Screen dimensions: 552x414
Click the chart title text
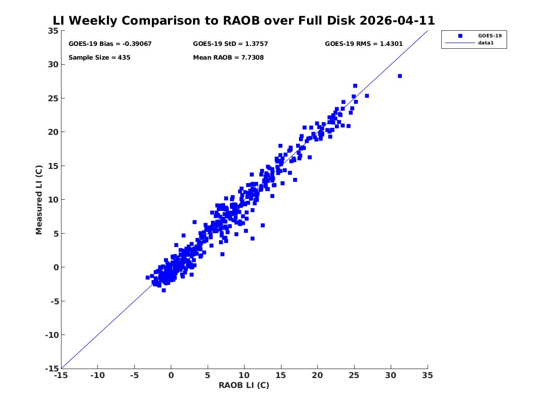[244, 20]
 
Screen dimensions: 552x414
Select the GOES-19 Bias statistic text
[110, 44]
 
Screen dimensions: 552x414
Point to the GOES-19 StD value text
[230, 44]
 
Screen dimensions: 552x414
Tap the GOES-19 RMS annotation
[364, 44]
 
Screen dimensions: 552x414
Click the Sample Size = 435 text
[99, 57]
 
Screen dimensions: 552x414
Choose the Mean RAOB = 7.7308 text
[228, 57]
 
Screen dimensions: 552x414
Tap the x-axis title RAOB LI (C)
[244, 385]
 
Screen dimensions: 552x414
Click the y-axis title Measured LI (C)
[39, 200]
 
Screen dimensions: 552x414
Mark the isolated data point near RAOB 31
[400, 76]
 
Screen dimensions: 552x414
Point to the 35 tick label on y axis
[53, 31]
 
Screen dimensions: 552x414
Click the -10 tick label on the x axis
[97, 375]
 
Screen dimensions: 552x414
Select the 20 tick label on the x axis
[317, 375]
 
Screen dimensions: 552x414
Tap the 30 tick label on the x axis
[390, 375]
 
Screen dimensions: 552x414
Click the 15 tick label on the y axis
[53, 166]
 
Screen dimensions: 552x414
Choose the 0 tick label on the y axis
[56, 267]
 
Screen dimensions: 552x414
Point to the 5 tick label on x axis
[207, 375]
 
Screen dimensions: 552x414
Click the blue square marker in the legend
[460, 35]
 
